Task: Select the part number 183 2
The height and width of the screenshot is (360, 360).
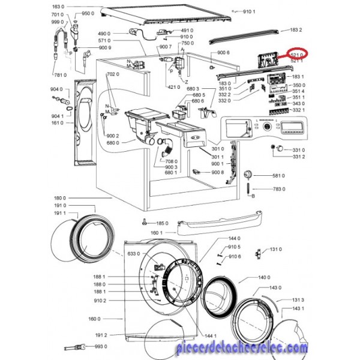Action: point(296,29)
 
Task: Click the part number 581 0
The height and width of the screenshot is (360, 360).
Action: point(278,176)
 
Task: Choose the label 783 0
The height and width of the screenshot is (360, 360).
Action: point(278,189)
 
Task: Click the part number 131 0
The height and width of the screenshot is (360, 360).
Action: point(293,249)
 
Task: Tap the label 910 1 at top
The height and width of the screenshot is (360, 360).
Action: point(250,13)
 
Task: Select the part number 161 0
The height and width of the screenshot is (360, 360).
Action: point(57,123)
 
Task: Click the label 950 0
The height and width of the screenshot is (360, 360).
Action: point(88,13)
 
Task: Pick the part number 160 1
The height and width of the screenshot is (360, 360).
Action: point(157,232)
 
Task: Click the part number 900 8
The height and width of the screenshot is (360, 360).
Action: point(218,172)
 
